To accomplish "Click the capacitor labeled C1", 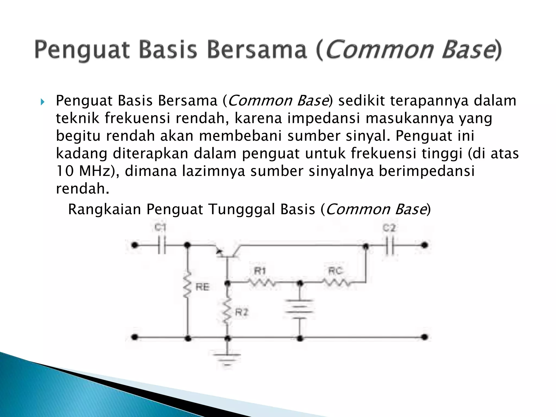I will click(x=162, y=245).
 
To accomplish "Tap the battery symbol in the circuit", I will click(x=299, y=309).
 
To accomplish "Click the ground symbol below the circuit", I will click(x=228, y=358).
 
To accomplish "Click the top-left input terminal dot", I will click(x=134, y=245).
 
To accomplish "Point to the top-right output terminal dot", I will click(x=424, y=245).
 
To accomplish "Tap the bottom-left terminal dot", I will click(x=134, y=337).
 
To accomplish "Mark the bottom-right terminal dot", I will click(x=424, y=337).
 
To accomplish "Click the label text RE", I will click(x=203, y=287).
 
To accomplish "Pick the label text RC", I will click(x=336, y=271).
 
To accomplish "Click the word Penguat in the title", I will click(x=82, y=50).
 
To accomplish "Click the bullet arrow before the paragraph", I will click(x=42, y=102).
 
